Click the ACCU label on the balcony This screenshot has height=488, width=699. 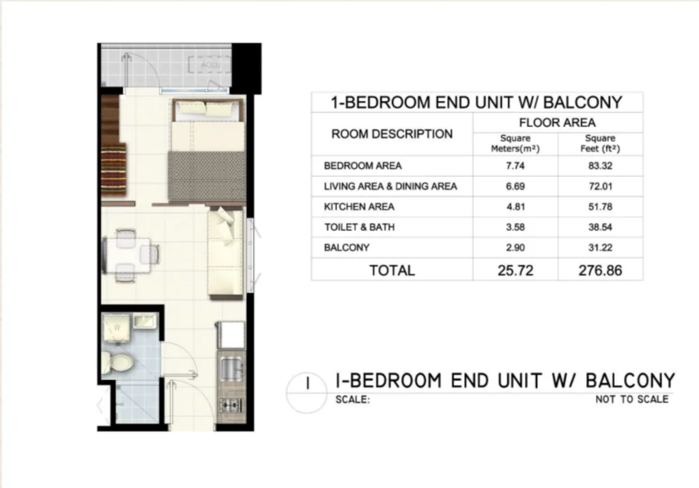[211, 65]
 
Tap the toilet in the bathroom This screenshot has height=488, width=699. [117, 362]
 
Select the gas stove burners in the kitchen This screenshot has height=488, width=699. [230, 405]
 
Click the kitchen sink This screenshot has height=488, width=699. [231, 368]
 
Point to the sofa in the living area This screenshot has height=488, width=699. [226, 253]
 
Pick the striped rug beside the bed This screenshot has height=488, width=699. [114, 169]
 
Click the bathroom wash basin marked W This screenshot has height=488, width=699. [116, 328]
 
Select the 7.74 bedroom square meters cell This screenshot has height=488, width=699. [515, 166]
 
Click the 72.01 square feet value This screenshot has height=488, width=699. [600, 186]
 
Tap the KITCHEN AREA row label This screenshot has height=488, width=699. [359, 207]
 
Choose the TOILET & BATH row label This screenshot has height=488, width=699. [359, 227]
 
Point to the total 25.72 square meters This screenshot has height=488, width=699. [515, 270]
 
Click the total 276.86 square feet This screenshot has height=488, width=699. [600, 270]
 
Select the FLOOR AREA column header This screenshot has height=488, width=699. [557, 123]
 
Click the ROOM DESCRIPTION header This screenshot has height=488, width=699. [392, 134]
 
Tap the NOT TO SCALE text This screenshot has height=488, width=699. [631, 399]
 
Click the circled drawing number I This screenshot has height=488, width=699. [308, 392]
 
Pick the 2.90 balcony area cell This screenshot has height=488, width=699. [515, 248]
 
